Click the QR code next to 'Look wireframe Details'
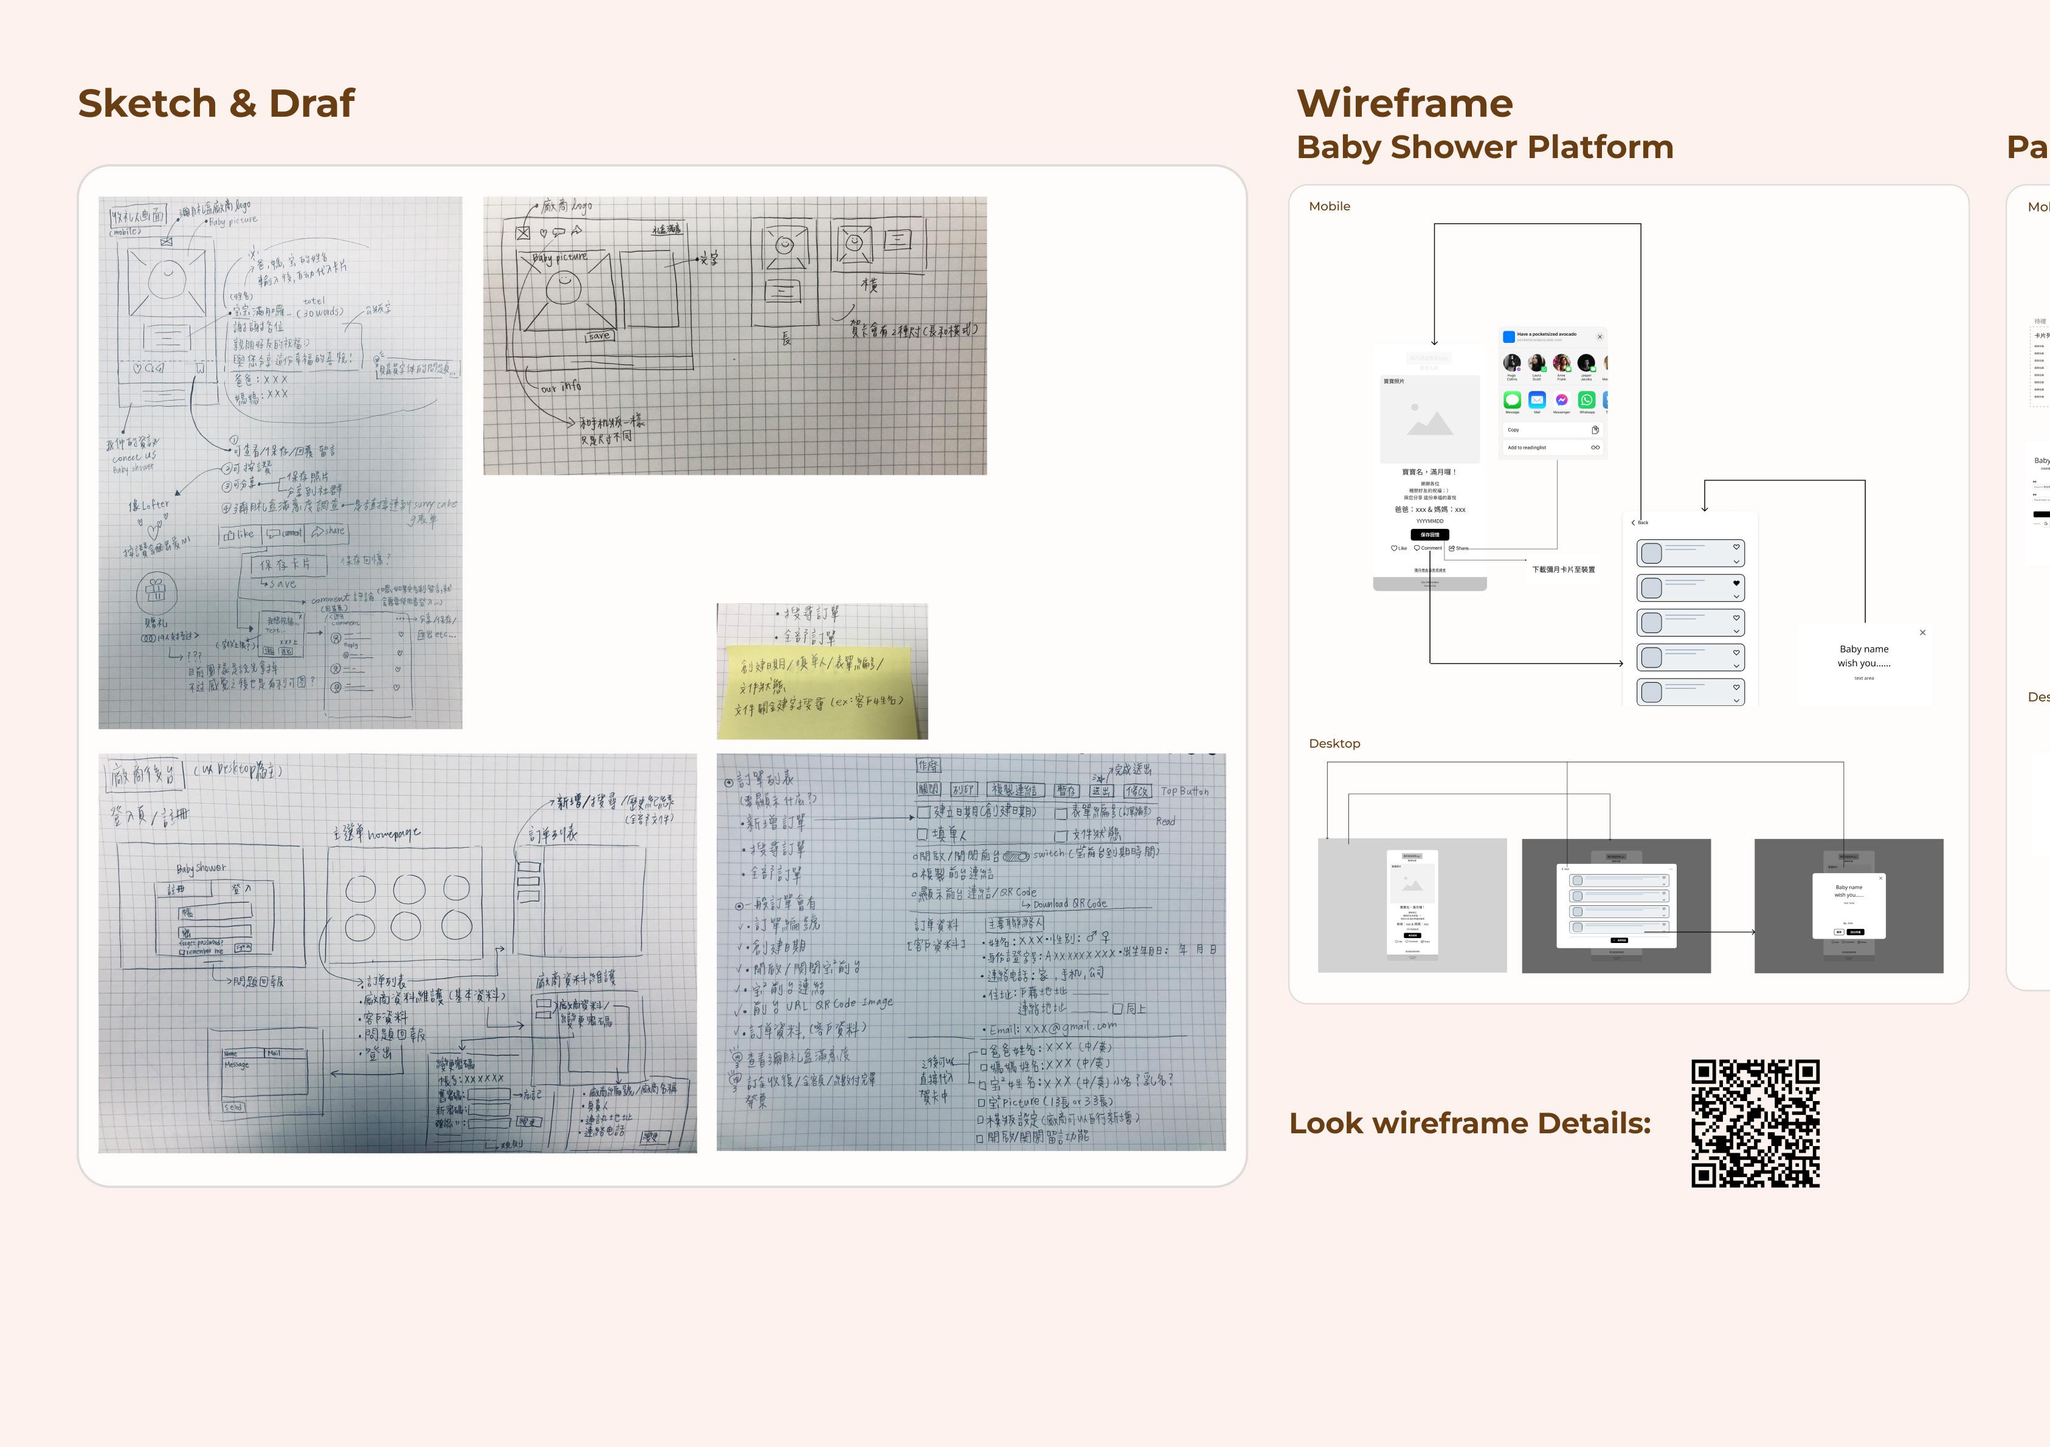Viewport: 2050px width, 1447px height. tap(1755, 1123)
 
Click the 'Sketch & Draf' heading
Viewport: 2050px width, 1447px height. tap(216, 103)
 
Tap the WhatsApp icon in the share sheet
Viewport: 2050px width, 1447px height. tap(1587, 400)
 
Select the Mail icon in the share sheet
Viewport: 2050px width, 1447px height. tap(1537, 400)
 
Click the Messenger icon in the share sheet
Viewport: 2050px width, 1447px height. tap(1562, 400)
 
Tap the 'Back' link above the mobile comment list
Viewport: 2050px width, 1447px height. tap(1640, 522)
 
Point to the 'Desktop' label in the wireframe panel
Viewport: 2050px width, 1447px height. tap(1334, 744)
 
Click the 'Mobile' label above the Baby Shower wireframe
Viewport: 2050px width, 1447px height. tap(1328, 206)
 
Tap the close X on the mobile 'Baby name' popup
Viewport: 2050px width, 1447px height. tap(1922, 633)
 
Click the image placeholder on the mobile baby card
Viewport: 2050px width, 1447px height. tap(1429, 420)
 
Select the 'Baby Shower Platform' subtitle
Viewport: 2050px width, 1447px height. tap(1484, 147)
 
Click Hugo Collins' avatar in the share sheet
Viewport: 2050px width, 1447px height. tap(1511, 362)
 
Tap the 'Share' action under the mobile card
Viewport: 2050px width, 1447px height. tap(1459, 548)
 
